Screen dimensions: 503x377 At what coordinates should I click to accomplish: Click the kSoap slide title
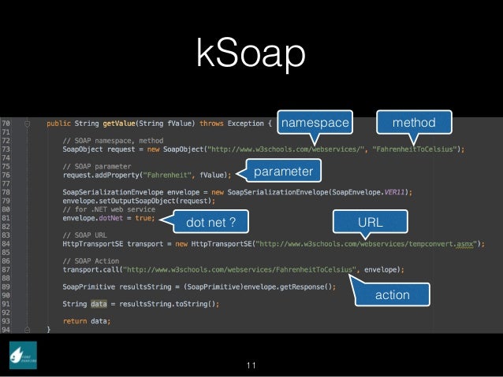click(251, 55)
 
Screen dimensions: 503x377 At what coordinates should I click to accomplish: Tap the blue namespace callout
click(315, 123)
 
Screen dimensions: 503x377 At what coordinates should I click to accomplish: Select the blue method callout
click(414, 122)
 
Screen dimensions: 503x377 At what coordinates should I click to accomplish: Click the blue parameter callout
click(282, 171)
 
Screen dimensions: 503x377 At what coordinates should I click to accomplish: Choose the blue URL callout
click(371, 223)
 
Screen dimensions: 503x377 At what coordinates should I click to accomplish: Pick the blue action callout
click(392, 295)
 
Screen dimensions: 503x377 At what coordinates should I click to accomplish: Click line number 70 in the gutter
click(6, 124)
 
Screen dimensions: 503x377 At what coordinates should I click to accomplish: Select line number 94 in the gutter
click(6, 329)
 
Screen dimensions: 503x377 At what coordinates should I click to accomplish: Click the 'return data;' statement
click(87, 320)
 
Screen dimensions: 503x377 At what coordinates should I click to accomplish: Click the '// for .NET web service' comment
click(110, 209)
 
